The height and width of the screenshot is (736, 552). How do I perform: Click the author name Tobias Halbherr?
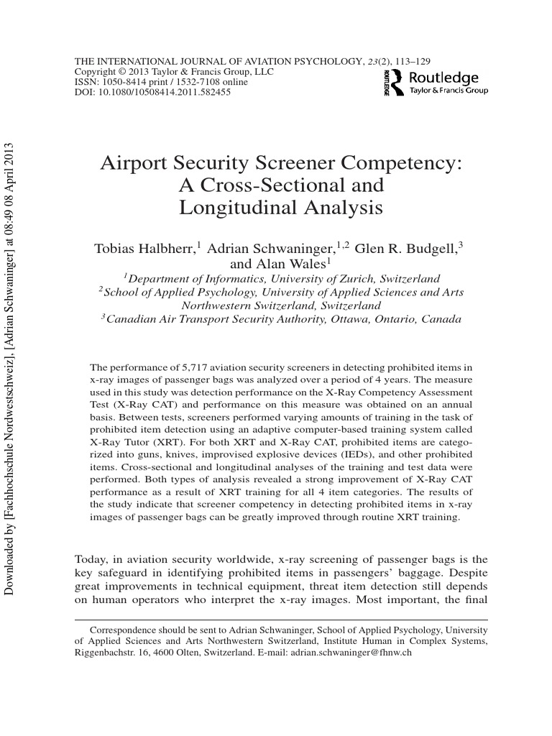tap(148, 249)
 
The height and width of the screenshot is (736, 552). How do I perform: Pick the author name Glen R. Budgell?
tap(406, 249)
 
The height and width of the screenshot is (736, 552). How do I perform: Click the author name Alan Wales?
tap(296, 264)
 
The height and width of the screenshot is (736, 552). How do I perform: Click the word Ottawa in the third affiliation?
tap(357, 320)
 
